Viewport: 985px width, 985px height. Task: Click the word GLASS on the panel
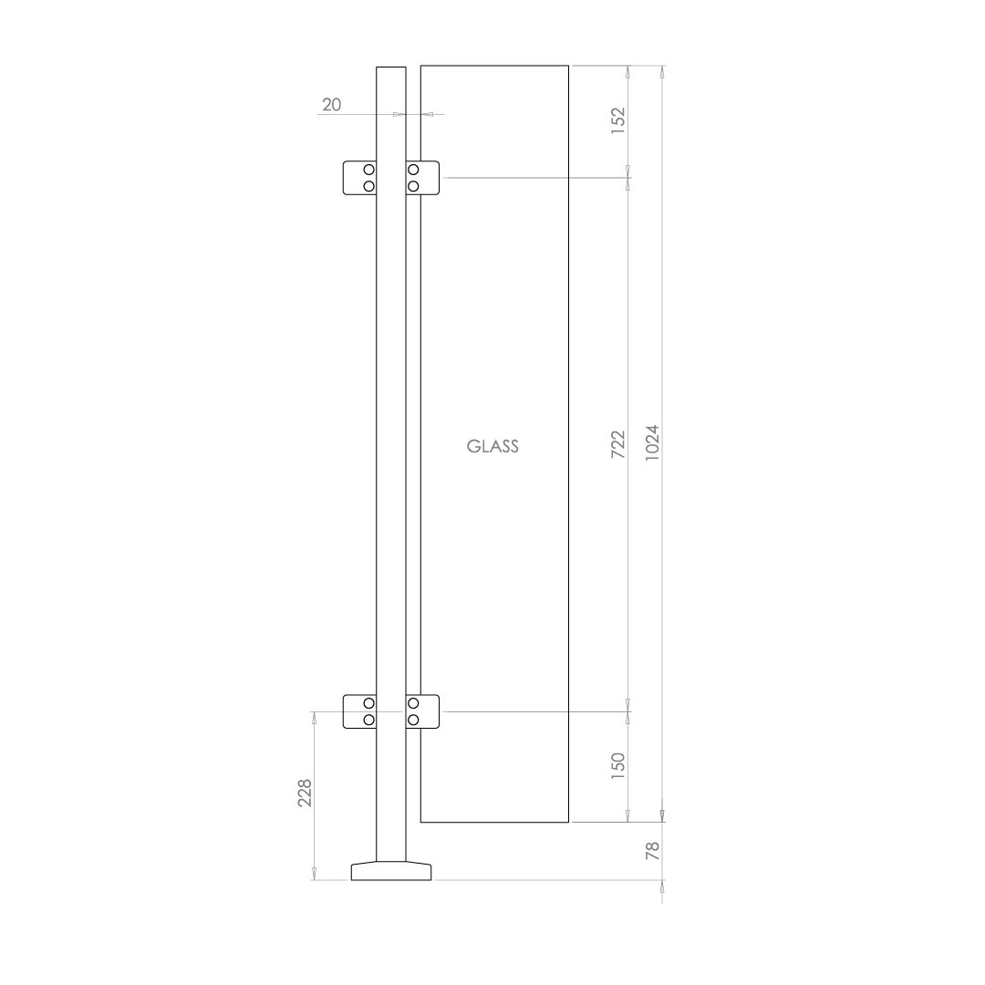coord(493,447)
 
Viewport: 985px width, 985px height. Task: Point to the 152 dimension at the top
coord(617,120)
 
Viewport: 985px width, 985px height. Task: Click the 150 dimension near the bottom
coord(617,764)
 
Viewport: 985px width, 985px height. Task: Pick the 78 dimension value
coord(651,851)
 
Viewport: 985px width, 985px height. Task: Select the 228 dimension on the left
coord(305,793)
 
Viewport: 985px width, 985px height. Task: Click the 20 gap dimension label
coord(331,105)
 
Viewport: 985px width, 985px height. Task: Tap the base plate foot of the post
coord(391,871)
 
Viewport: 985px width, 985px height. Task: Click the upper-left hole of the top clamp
coord(368,171)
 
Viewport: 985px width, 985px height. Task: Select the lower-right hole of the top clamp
coord(413,186)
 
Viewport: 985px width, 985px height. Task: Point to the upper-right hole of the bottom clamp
coord(413,703)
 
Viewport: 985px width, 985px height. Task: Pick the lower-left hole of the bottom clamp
coord(368,720)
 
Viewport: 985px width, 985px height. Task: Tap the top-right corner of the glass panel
coord(569,66)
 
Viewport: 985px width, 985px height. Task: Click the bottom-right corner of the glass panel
coord(569,822)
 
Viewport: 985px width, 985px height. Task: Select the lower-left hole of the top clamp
coord(368,186)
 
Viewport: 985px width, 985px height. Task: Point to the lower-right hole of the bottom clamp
coord(413,720)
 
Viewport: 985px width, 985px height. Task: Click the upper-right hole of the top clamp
coord(413,171)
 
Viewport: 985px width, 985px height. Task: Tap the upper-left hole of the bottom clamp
coord(368,703)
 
